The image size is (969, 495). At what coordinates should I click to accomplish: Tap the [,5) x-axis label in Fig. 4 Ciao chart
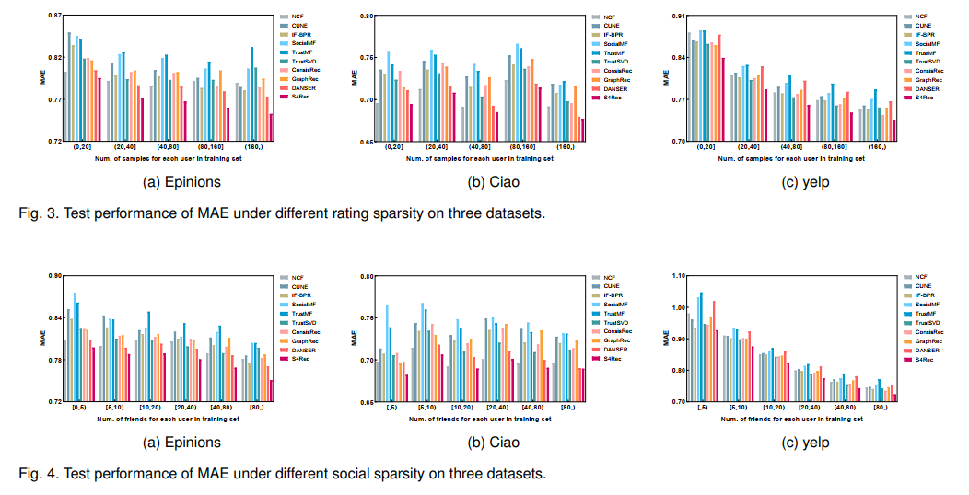click(x=393, y=408)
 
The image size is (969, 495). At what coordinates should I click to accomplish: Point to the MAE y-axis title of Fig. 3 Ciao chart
click(x=355, y=77)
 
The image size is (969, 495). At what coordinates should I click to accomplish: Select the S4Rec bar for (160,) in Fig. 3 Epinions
click(x=271, y=127)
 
